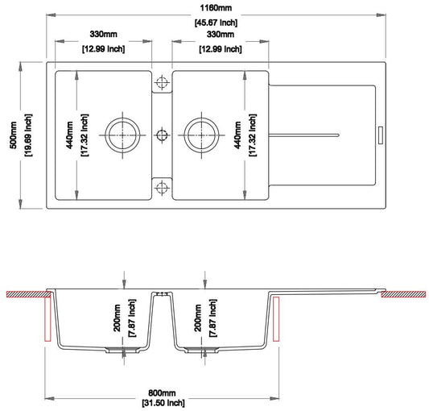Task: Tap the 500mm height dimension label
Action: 13,135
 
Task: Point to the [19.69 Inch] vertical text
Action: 28,135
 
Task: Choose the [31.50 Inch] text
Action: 163,401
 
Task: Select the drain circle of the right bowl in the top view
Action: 199,133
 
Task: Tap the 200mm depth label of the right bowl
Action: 197,320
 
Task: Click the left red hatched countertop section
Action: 23,293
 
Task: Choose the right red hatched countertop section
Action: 405,294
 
